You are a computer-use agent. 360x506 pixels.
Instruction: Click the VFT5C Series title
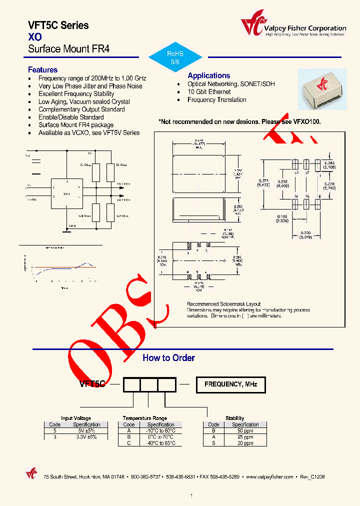pos(58,25)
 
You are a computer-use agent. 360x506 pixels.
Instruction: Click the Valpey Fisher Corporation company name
pos(305,28)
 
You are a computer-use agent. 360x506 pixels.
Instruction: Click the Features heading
pos(42,70)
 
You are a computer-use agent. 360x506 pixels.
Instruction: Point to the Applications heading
pos(208,75)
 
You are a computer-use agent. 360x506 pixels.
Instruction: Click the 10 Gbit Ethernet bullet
pos(209,92)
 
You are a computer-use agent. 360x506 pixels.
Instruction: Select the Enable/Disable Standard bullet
pos(71,117)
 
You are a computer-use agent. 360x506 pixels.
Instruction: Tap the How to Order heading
pos(168,358)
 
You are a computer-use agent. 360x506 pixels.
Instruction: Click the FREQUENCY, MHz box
pos(230,384)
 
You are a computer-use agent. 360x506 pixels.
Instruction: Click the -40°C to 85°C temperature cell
pos(160,443)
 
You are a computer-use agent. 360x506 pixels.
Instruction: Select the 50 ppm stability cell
pos(245,430)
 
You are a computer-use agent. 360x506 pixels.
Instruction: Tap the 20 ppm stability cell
pos(245,443)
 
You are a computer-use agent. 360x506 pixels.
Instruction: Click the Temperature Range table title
pos(145,418)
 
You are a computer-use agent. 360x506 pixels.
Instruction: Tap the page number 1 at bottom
pos(191,496)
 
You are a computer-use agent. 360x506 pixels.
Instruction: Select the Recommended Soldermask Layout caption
pos(223,304)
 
